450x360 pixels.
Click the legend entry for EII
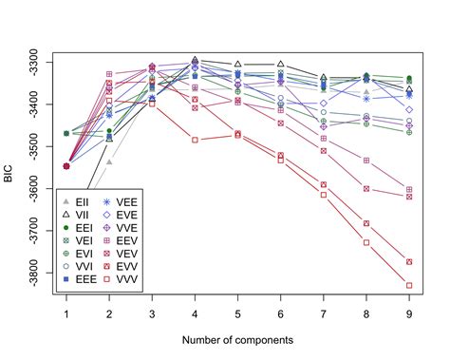click(x=80, y=202)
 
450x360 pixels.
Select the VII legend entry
click(x=80, y=216)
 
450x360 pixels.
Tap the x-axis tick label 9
click(x=409, y=313)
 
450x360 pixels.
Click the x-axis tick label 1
click(x=66, y=313)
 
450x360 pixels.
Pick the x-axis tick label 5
click(x=237, y=313)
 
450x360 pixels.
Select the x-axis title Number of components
click(x=237, y=339)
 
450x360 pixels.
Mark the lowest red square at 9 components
click(x=409, y=285)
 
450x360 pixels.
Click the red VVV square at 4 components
click(x=195, y=140)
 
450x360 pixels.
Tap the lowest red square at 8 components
click(x=366, y=242)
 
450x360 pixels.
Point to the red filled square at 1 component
click(x=66, y=166)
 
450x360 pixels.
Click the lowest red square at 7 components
click(x=324, y=195)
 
